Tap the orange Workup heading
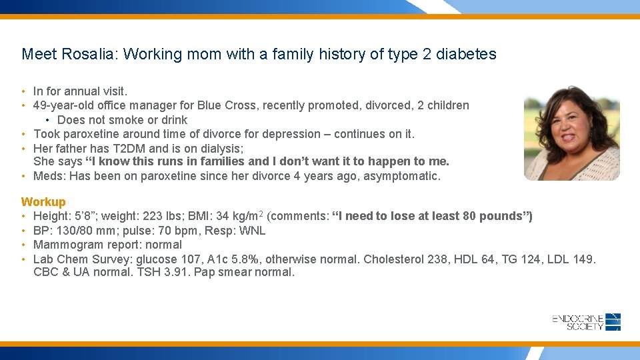coord(43,201)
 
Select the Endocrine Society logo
coord(587,322)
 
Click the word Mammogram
coord(65,245)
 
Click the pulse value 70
coord(161,231)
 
